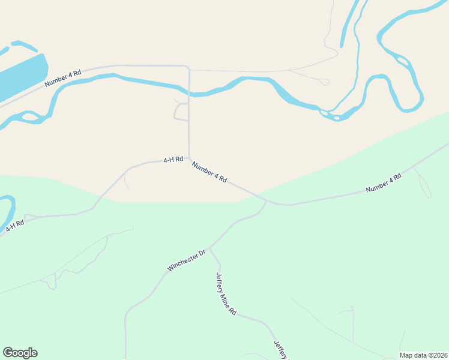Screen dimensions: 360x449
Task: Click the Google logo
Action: click(20, 353)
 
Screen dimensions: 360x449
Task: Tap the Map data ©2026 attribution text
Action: click(424, 355)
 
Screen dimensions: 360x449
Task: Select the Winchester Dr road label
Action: click(187, 260)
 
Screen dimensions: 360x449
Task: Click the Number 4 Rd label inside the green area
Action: click(384, 183)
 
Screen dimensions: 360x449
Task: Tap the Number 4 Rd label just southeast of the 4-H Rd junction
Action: click(209, 172)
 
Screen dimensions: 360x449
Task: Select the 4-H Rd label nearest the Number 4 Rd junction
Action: click(173, 160)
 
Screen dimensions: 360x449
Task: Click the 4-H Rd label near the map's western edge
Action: click(15, 226)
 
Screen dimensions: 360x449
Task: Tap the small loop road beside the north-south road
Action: click(178, 111)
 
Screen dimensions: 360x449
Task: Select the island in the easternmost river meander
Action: click(402, 60)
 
